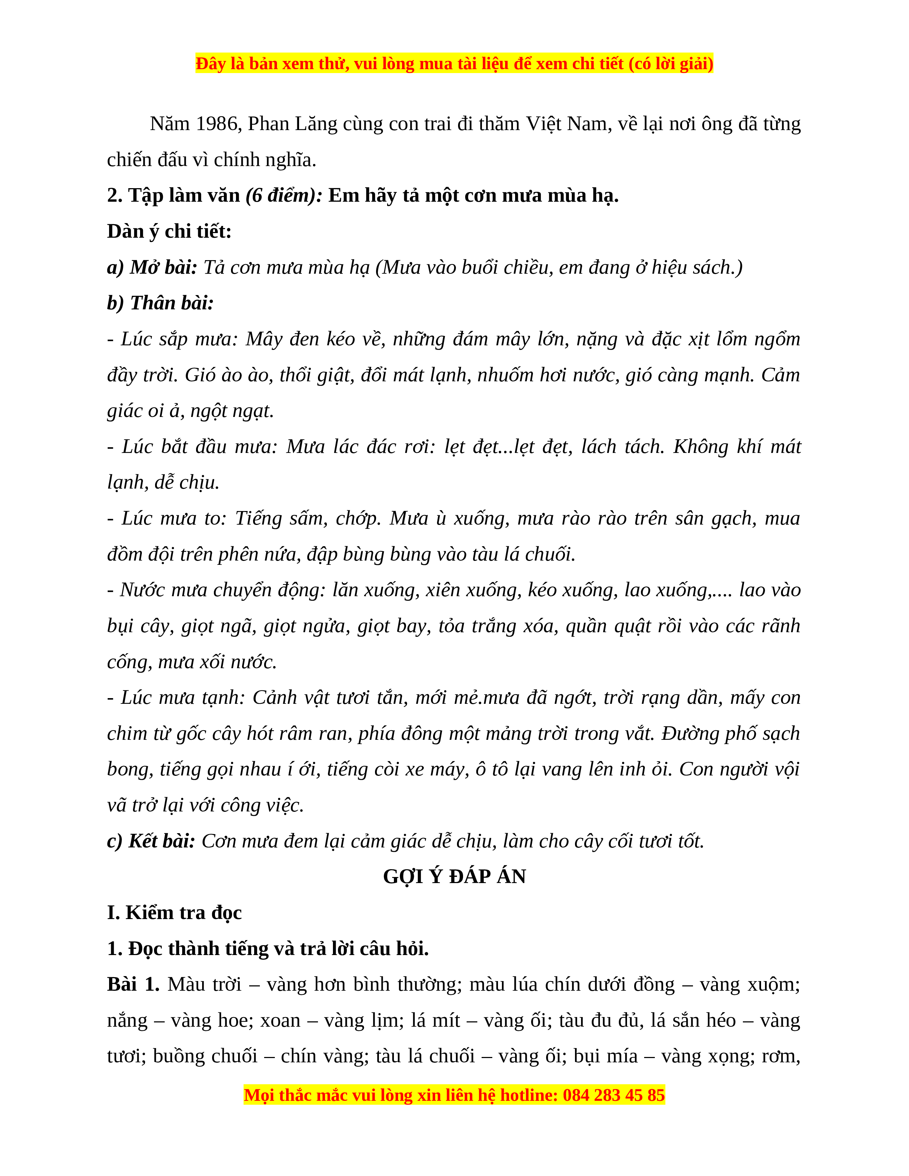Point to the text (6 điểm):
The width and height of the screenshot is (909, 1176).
click(x=284, y=195)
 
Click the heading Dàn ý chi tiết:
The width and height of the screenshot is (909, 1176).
click(x=169, y=232)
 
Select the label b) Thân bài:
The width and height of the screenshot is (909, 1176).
click(x=160, y=303)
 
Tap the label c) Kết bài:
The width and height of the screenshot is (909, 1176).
click(x=151, y=841)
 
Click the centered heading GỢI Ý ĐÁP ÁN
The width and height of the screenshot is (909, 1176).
click(x=454, y=877)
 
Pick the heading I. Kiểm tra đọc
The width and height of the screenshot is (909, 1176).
click(x=174, y=913)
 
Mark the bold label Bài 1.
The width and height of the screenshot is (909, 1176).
click(x=133, y=984)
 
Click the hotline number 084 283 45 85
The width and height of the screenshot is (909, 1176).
click(x=613, y=1095)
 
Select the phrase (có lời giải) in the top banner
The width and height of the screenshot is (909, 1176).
click(x=671, y=63)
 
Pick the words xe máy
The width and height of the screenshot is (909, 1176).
click(x=435, y=769)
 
